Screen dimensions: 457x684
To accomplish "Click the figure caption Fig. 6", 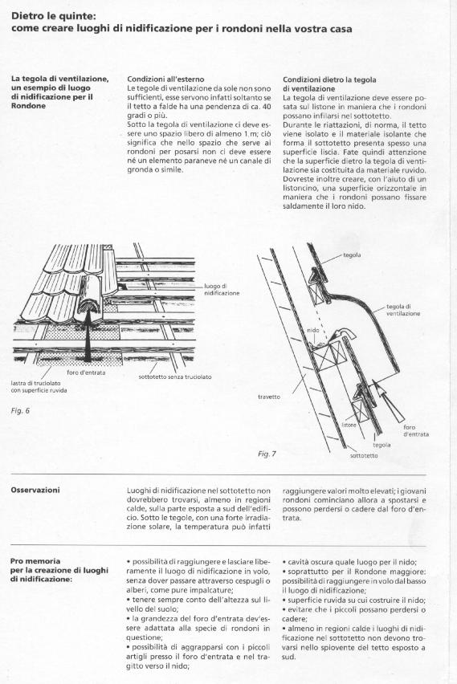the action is [x=20, y=410].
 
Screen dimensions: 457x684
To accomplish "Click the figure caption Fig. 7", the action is [x=267, y=454].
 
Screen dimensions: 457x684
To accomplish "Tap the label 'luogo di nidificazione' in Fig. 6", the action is [x=222, y=290].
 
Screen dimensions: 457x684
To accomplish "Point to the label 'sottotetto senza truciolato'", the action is [x=175, y=377].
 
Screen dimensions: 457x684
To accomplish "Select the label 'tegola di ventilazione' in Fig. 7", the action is [x=403, y=310].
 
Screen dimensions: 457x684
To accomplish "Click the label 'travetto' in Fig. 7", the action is [x=269, y=397].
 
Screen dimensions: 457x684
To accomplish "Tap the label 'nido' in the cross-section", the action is [x=313, y=330].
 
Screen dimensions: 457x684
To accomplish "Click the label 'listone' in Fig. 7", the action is [x=349, y=425].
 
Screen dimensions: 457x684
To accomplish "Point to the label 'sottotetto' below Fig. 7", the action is [x=364, y=455].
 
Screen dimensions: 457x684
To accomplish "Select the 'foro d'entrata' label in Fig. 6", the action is [x=86, y=373].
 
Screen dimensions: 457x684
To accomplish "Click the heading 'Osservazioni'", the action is [x=35, y=490].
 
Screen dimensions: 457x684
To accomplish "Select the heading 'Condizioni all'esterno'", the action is [x=165, y=79].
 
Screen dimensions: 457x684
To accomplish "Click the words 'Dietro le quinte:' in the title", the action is [x=54, y=16].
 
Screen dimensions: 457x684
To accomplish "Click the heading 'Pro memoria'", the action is [x=35, y=561].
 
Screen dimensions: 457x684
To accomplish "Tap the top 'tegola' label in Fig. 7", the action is [x=352, y=254].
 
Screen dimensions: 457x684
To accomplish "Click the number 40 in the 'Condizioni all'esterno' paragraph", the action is [x=267, y=107].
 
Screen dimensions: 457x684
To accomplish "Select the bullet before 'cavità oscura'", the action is [x=284, y=562].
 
